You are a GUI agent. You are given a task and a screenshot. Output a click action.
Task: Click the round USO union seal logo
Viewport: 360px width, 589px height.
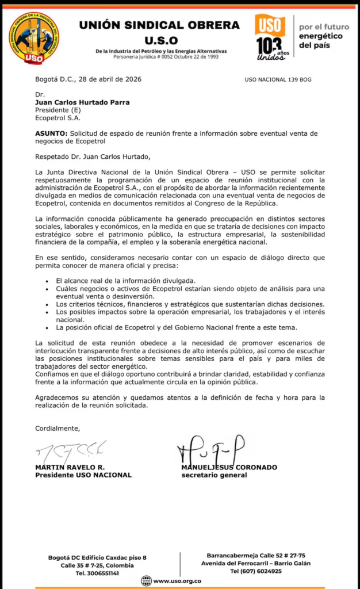(x=33, y=39)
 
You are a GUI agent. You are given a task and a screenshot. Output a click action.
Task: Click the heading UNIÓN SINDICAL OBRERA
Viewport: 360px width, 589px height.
(x=159, y=25)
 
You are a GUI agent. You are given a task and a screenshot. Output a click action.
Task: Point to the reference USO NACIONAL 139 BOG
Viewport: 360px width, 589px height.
(x=278, y=79)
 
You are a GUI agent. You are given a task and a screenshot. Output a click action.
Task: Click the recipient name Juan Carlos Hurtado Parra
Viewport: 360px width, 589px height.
(x=83, y=102)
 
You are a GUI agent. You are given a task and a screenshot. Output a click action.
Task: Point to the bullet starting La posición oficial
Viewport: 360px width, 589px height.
(x=176, y=327)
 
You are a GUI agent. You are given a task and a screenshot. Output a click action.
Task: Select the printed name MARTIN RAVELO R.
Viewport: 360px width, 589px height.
(x=70, y=468)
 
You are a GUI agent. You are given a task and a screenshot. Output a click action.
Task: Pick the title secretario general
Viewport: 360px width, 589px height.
(x=214, y=475)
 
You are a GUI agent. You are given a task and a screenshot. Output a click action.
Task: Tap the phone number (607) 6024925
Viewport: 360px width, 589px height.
(x=256, y=571)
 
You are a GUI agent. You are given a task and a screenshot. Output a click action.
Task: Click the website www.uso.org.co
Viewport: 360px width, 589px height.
(x=177, y=581)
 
